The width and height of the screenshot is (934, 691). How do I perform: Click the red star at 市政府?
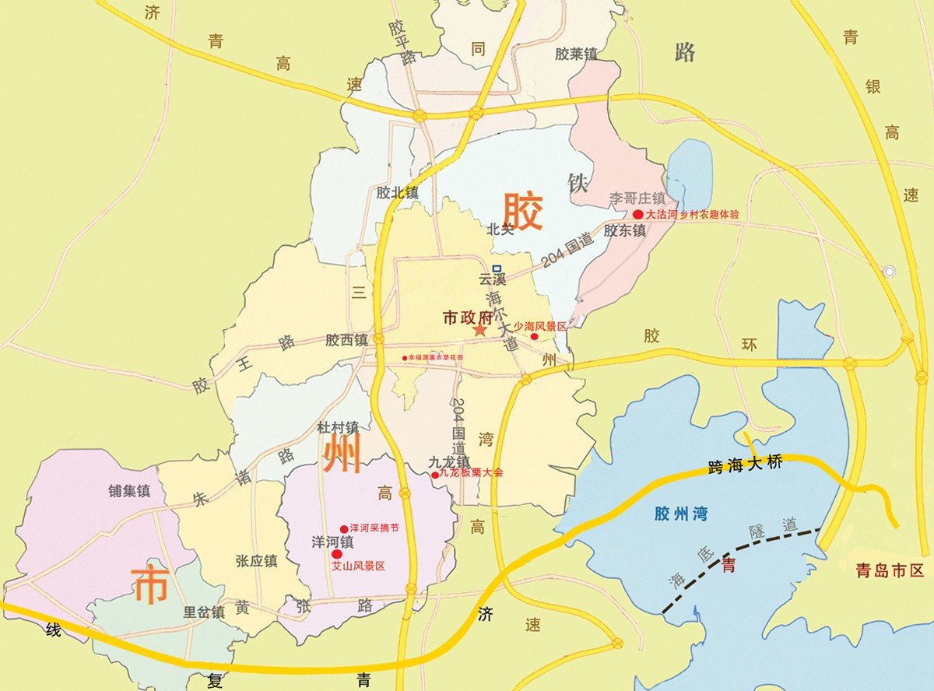tap(479, 331)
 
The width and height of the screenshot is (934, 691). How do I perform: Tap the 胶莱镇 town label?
tap(576, 54)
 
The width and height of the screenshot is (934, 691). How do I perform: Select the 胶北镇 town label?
tap(397, 191)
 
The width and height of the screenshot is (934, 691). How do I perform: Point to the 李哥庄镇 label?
tap(637, 198)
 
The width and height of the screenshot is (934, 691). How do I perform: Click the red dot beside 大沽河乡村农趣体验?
tap(637, 214)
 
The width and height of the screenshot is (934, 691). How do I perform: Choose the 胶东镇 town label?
tap(625, 230)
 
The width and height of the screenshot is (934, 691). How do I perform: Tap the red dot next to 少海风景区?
tap(534, 337)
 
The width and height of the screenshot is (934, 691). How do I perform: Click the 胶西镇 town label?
tap(346, 340)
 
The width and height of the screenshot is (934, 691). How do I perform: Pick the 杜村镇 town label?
tap(337, 427)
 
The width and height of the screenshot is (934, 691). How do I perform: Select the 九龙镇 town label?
tap(449, 460)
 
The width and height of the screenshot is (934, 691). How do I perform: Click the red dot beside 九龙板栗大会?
tap(435, 474)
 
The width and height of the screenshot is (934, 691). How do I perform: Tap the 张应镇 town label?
tap(256, 560)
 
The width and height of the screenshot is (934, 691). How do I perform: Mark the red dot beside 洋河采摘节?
tap(344, 528)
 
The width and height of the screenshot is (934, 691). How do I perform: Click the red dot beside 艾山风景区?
tap(336, 554)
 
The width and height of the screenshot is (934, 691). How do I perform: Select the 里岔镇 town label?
tap(204, 612)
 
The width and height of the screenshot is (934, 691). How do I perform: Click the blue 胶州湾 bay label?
tap(681, 514)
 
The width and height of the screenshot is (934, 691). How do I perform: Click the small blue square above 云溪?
tap(497, 269)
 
